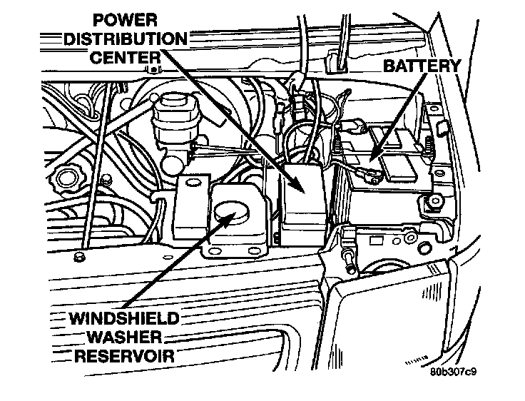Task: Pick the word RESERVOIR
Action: pyautogui.click(x=125, y=354)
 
